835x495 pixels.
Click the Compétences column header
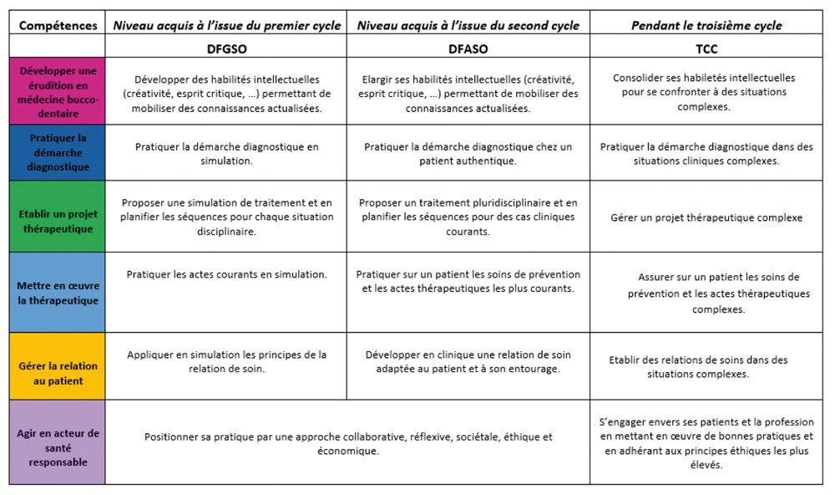pyautogui.click(x=58, y=25)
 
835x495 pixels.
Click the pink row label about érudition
pyautogui.click(x=58, y=92)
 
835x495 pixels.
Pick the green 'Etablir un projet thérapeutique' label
pyautogui.click(x=58, y=217)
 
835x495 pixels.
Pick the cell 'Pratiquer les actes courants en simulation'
pyautogui.click(x=226, y=274)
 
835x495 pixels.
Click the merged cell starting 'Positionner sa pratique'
pyautogui.click(x=348, y=443)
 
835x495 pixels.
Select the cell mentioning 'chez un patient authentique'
pyautogui.click(x=468, y=153)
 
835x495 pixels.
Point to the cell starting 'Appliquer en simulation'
pyautogui.click(x=226, y=361)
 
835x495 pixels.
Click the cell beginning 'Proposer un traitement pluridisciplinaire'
pyautogui.click(x=468, y=217)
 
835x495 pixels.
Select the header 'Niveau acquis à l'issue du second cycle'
pyautogui.click(x=468, y=25)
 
